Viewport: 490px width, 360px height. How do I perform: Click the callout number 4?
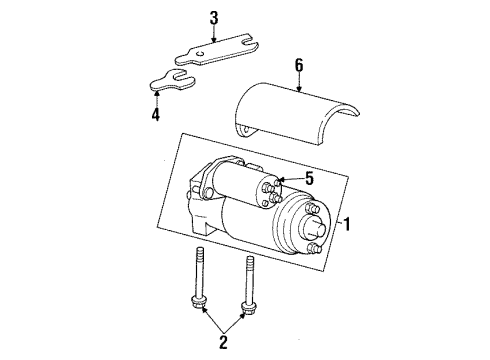pos(156,115)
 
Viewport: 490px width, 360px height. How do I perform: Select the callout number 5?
pos(309,180)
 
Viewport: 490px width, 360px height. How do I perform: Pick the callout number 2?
pos(223,340)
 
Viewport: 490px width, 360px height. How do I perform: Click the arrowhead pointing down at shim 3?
pos(213,42)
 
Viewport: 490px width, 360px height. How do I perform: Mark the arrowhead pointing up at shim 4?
pos(156,91)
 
